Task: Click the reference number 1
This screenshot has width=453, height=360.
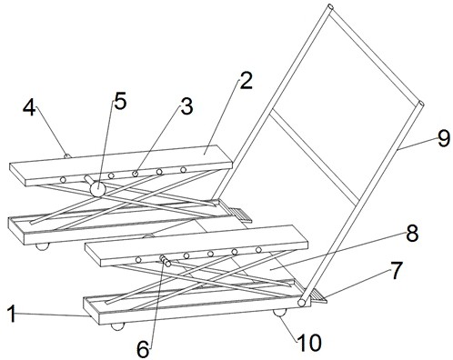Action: pos(12,314)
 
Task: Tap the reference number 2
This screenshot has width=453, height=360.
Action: pos(246,81)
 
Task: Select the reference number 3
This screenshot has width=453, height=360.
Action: pos(186,106)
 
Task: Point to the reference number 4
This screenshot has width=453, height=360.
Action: pos(29,107)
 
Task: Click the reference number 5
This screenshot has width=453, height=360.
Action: pos(120,101)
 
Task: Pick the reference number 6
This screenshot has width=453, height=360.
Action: pos(143,349)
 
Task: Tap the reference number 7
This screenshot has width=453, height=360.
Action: pos(397,271)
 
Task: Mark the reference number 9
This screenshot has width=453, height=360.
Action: pos(443,138)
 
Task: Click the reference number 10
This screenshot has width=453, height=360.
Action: pos(309,343)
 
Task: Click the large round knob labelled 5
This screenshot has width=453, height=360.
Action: pos(97,189)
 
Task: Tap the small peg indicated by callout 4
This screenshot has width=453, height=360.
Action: pos(67,155)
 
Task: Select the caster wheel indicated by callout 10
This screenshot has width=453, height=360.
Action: pos(279,313)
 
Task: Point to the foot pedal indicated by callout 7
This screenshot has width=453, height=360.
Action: pos(317,296)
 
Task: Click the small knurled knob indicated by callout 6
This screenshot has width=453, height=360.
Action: pos(165,261)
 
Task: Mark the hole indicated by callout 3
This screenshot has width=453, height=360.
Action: pos(136,174)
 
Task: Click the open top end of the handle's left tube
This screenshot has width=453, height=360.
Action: pos(330,6)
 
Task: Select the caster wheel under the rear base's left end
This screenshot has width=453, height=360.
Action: pos(42,246)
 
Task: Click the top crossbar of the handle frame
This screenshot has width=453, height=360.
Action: pos(376,55)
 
